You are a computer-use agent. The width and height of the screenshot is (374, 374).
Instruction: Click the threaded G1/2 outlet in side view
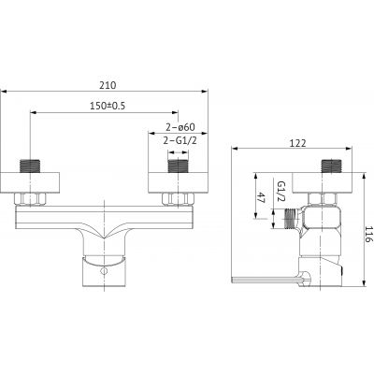click(293, 217)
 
